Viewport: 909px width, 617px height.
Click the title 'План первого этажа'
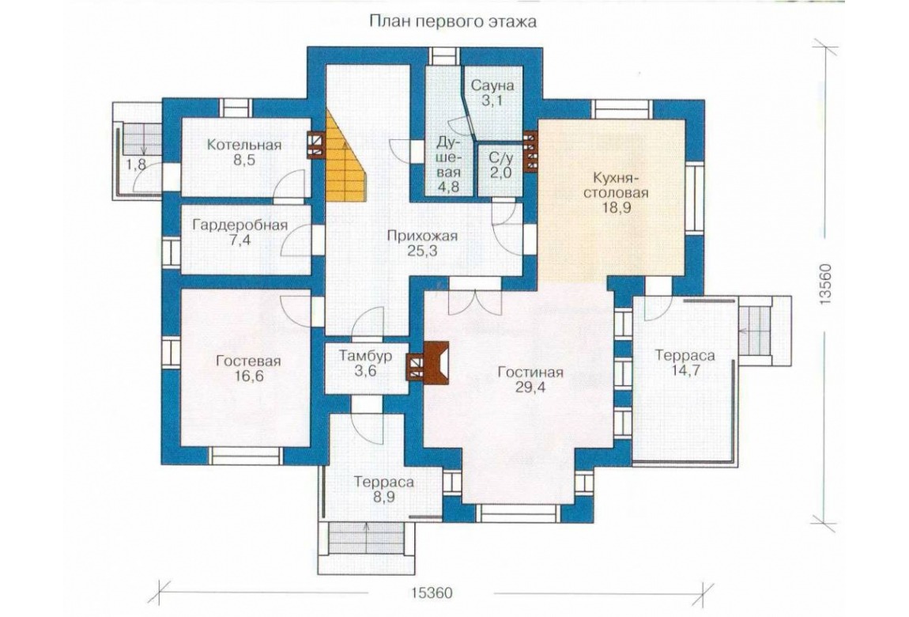pyautogui.click(x=452, y=23)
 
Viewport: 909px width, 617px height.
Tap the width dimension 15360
pyautogui.click(x=432, y=593)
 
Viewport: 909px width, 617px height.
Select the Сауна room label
pyautogui.click(x=492, y=85)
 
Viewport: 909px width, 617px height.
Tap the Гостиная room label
pyautogui.click(x=530, y=373)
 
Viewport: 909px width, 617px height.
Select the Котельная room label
pyautogui.click(x=244, y=145)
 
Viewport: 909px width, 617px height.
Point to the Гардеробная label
pyautogui.click(x=240, y=225)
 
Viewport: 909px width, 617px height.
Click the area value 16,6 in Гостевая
pyautogui.click(x=248, y=377)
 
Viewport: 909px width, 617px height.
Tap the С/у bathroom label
pyautogui.click(x=500, y=157)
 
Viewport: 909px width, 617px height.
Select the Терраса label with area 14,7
pyautogui.click(x=685, y=355)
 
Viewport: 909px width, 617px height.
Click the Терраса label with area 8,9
pyautogui.click(x=384, y=483)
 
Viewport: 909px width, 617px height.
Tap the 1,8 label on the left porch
pyautogui.click(x=136, y=165)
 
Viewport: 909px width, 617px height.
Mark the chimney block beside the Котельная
pyautogui.click(x=315, y=146)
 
